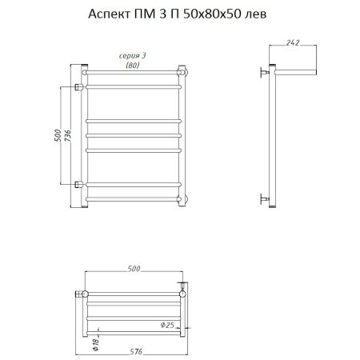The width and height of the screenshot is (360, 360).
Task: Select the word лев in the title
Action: [256, 15]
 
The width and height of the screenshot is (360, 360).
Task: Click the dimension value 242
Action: [293, 42]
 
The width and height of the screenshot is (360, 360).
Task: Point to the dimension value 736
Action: [68, 136]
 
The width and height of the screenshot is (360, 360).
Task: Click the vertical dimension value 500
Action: [58, 135]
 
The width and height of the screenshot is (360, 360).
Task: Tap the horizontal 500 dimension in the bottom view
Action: [134, 269]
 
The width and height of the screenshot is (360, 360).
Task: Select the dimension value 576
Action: [136, 352]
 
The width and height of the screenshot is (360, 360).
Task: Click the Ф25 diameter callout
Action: [167, 325]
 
